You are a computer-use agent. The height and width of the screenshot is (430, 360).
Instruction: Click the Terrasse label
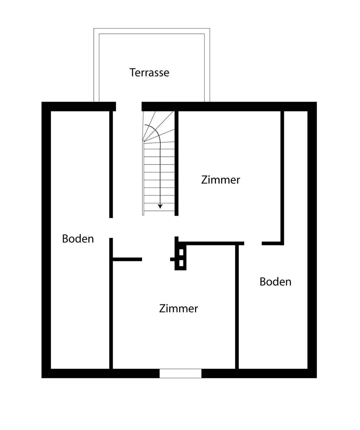pos(149,73)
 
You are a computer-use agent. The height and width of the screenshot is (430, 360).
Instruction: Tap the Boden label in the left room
pos(78,239)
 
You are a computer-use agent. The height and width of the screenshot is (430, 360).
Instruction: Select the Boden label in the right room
pos(275,282)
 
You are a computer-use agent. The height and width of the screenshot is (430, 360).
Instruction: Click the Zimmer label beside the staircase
pos(220,180)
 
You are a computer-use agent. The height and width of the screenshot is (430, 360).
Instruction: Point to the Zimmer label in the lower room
pos(178,309)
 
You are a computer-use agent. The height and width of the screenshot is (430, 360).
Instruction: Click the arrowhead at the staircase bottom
pos(160,207)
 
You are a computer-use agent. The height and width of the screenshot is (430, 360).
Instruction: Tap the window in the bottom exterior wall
pos(180,373)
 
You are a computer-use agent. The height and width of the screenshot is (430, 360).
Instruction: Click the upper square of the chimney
pos(181,252)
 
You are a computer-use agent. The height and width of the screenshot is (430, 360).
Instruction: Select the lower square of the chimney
pos(181,263)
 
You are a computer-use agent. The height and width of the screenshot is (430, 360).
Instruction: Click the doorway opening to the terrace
pos(129,106)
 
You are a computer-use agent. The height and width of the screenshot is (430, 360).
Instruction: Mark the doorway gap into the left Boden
pos(111,228)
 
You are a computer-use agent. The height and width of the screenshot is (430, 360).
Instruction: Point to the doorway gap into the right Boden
pos(253,243)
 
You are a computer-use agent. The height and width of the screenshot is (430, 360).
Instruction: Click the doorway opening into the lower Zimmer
pos(156,260)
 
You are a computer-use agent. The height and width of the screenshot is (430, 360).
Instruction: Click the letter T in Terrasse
pos(132,73)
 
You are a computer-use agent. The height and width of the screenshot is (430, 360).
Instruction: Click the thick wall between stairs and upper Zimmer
pos(177,162)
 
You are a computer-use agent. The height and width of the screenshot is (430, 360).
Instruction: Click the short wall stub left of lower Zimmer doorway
pos(127,260)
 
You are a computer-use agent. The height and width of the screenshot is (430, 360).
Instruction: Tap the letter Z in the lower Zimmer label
pos(162,309)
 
